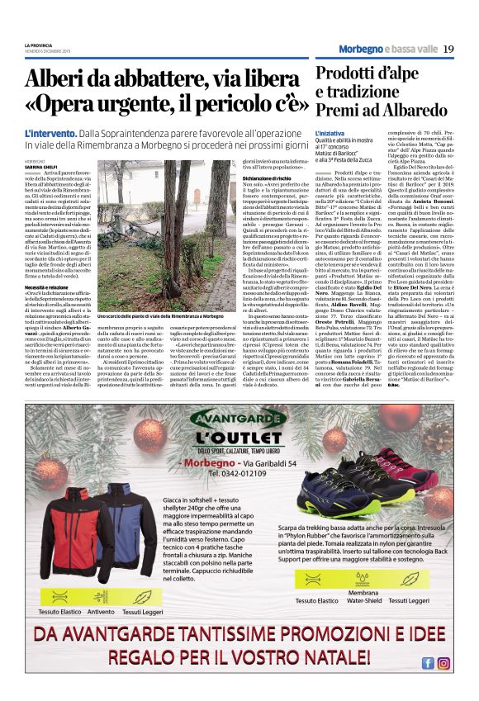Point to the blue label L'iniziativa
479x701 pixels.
point(330,133)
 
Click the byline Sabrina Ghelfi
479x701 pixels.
point(41,166)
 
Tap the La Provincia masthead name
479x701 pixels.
point(38,44)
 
